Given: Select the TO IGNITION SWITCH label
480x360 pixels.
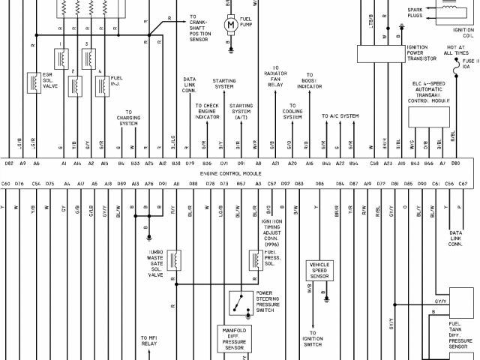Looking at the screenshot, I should [313, 338].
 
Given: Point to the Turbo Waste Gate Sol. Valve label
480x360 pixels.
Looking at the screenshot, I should [155, 264].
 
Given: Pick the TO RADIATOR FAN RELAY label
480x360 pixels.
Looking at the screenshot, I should [276, 79].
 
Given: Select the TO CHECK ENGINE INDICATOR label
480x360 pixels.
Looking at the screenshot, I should [206, 112].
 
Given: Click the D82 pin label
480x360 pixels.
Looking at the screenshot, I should [9, 163].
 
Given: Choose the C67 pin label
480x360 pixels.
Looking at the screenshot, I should [463, 184].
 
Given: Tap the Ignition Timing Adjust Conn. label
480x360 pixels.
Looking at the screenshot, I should [271, 228].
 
